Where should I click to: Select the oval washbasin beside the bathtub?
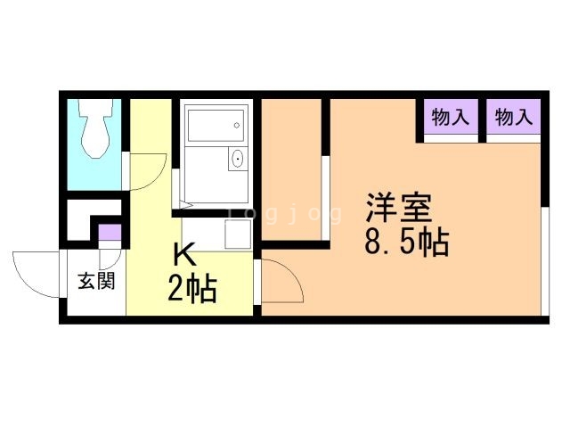coord(238,160)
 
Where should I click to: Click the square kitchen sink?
coord(236,235)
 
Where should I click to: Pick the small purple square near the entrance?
coord(109,234)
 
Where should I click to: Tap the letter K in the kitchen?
coord(184,255)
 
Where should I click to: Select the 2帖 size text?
coord(191,288)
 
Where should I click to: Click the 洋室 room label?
coord(397,208)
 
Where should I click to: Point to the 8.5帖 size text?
coord(405,242)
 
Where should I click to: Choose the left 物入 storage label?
coord(450,117)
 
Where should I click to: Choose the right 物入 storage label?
coord(513,117)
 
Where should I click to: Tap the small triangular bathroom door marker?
coord(179,189)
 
